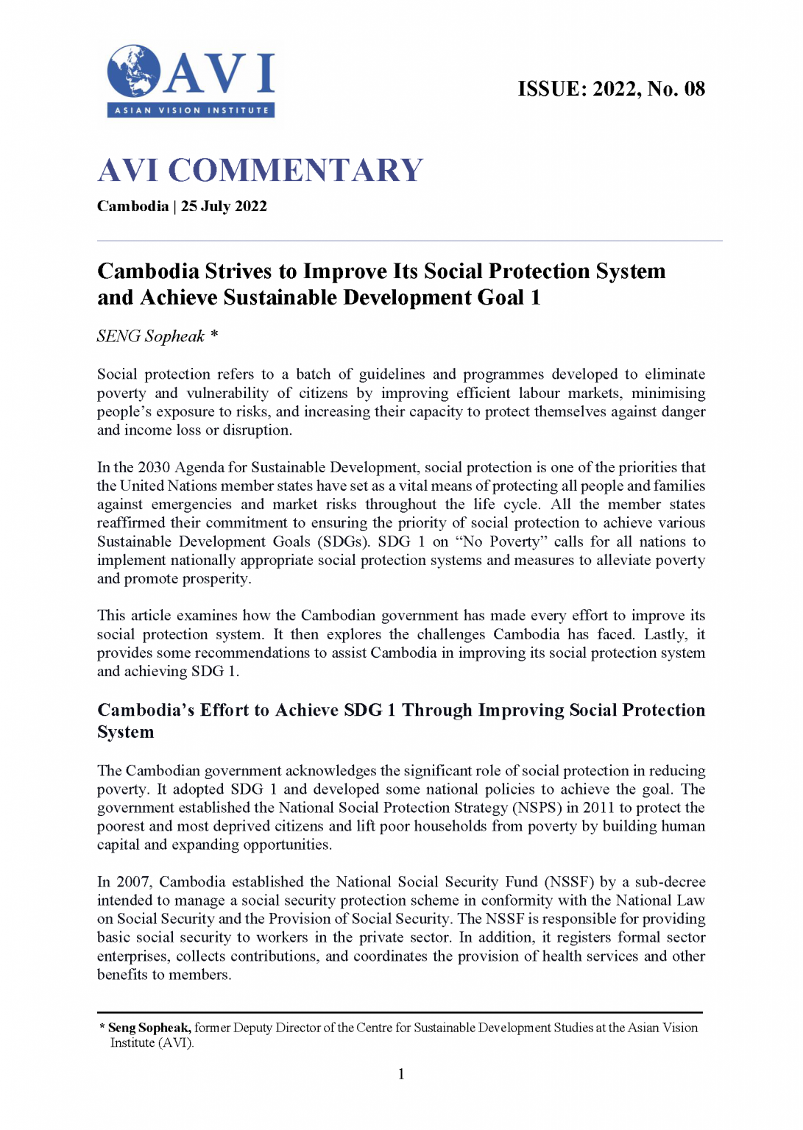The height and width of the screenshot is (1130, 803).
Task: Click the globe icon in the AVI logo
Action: point(133,71)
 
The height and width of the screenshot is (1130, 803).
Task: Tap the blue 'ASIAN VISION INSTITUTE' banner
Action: point(191,110)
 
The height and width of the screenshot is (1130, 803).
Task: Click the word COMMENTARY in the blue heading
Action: point(295,171)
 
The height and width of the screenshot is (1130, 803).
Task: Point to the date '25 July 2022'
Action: point(224,207)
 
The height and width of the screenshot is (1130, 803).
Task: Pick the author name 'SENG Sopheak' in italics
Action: point(150,337)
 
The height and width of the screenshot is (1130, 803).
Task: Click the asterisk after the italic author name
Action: point(214,335)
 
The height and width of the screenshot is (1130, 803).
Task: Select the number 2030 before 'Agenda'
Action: point(154,468)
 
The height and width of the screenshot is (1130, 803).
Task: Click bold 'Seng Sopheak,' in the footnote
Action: point(149,1028)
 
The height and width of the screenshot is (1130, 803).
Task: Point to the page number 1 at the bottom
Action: point(401,1074)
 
